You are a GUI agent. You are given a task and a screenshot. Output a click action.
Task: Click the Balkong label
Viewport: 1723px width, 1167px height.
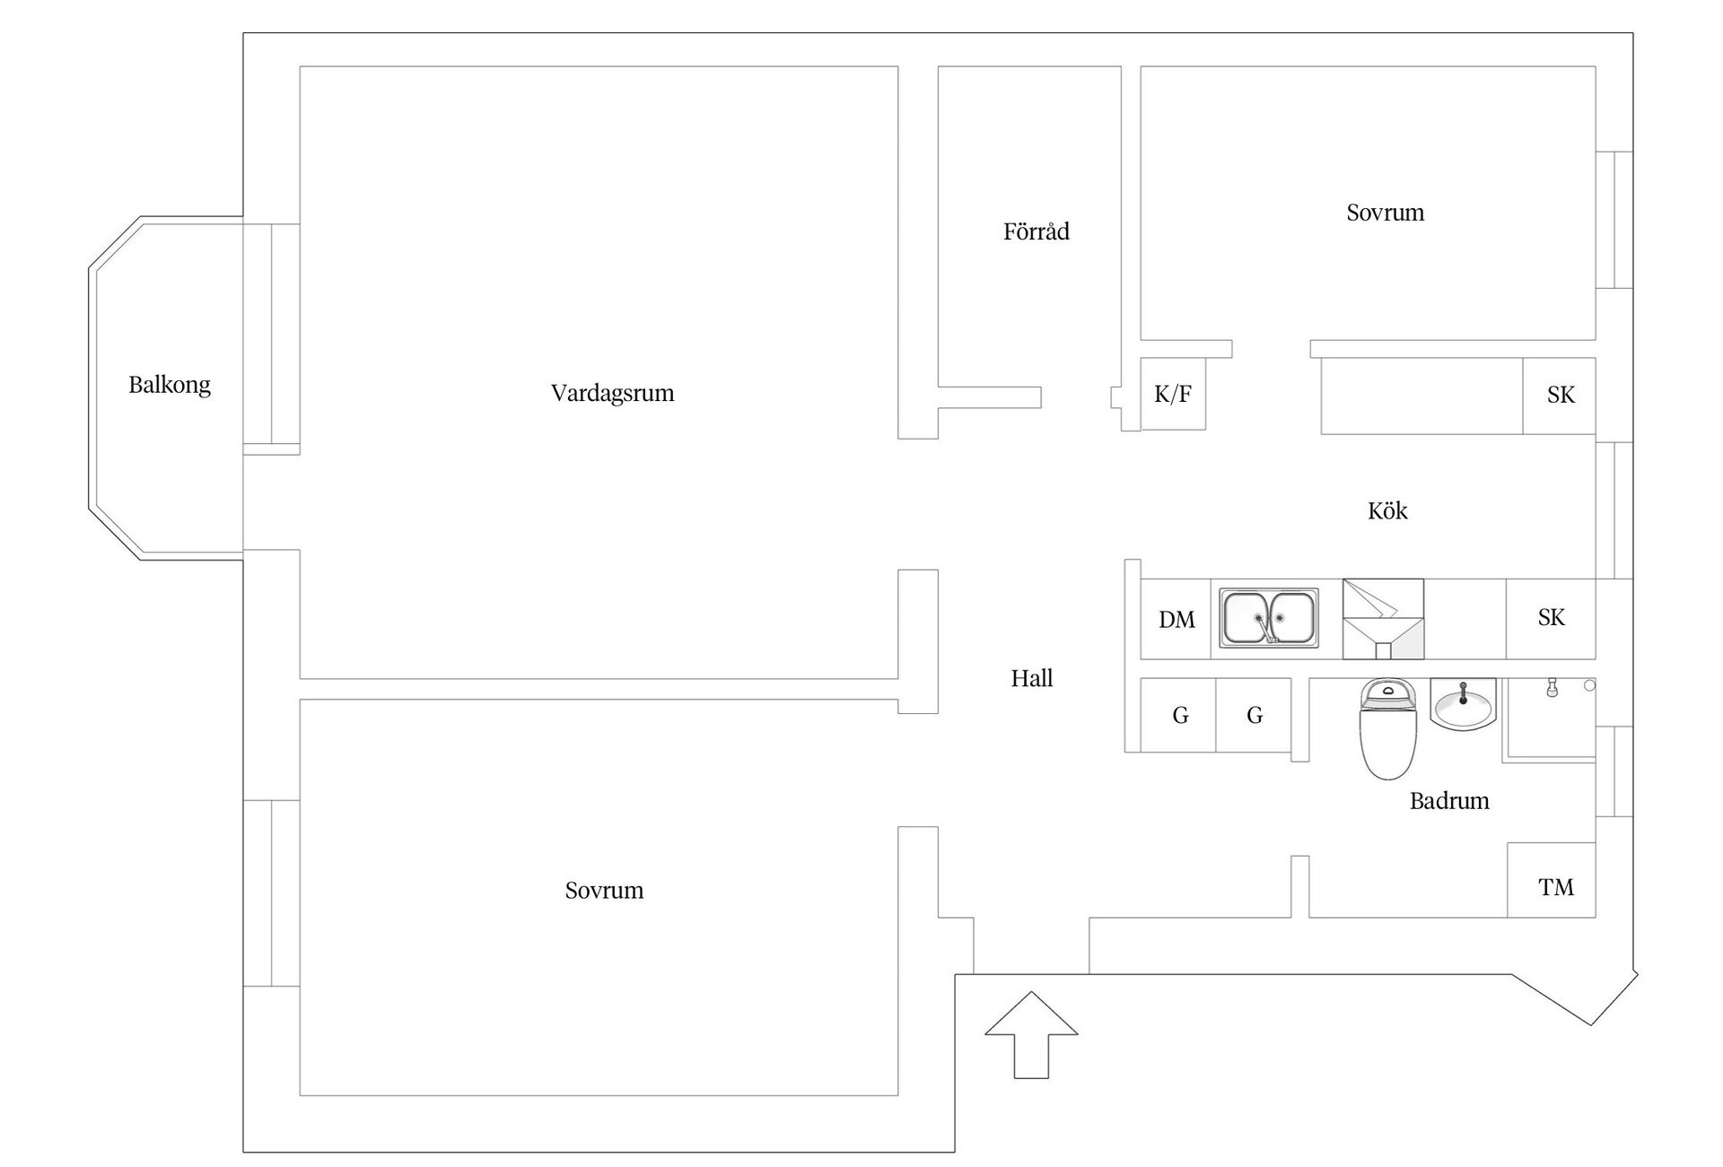tap(170, 385)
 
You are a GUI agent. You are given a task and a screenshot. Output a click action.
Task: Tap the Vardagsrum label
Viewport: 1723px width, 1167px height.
tap(612, 393)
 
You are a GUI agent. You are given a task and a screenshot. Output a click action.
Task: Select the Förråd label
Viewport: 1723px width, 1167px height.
tap(1036, 231)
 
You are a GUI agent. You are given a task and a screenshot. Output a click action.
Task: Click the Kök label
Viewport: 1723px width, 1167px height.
tap(1387, 510)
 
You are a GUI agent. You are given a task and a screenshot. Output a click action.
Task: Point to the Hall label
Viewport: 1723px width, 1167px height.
tap(1032, 678)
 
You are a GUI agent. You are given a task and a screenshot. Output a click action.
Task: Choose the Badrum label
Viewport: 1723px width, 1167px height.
tap(1449, 800)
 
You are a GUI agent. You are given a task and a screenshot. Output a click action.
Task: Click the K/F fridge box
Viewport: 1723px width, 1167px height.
tap(1173, 394)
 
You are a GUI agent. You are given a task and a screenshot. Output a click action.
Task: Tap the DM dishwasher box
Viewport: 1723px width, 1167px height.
tap(1176, 619)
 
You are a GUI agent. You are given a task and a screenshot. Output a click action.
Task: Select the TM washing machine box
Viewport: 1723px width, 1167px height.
tap(1555, 887)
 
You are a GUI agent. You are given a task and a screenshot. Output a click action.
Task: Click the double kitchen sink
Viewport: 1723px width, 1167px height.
tap(1269, 618)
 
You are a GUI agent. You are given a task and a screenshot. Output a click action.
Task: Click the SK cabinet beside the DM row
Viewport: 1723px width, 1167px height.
tap(1551, 618)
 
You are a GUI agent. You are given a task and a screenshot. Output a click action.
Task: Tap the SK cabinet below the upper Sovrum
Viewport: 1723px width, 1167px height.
tap(1560, 395)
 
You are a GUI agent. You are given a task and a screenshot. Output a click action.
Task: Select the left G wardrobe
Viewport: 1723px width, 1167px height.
tap(1179, 715)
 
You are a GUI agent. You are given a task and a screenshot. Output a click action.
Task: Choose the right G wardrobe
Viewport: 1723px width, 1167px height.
tap(1255, 715)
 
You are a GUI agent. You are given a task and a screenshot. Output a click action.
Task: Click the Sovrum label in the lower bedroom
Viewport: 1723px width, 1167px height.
tap(604, 890)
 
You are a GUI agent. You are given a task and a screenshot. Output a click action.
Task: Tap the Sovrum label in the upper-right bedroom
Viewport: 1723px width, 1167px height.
tap(1385, 213)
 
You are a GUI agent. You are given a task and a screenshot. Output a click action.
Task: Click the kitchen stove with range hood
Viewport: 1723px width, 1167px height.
tap(1383, 619)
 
